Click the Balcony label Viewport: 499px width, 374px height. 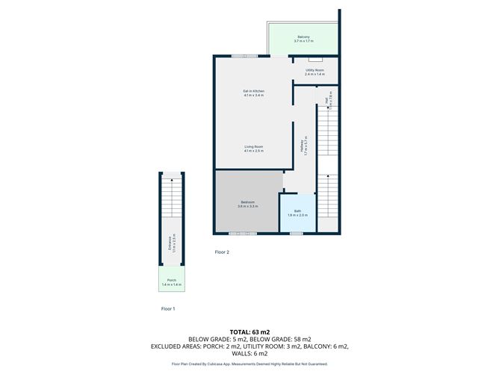coord(303,37)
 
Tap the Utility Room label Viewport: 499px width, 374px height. coord(315,69)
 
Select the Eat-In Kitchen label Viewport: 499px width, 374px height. coord(254,91)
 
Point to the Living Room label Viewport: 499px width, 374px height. coord(254,146)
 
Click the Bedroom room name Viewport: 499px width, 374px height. coord(247,202)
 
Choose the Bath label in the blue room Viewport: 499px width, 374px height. coord(297,211)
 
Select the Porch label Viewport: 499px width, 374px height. coord(172,281)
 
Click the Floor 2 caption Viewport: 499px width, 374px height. coord(222,252)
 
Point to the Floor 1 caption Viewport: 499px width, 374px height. coord(169,308)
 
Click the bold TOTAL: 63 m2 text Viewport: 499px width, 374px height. coord(249,332)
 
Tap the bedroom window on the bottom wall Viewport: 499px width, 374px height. coord(238,234)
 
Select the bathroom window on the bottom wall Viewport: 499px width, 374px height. coord(297,234)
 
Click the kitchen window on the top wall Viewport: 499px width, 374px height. coord(240,56)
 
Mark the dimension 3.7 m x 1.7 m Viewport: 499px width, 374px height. coord(303,41)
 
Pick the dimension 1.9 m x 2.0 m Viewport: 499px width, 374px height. coord(297,215)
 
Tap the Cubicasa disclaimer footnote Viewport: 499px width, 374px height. coord(249,364)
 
